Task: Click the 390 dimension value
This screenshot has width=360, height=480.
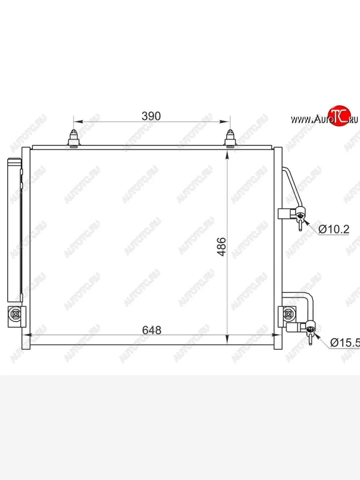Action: (151, 116)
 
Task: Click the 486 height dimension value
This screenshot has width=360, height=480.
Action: (221, 246)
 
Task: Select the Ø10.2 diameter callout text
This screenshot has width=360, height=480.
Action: (334, 229)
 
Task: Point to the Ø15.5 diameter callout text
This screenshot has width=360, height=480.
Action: (345, 342)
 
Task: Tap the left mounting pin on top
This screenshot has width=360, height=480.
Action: (74, 138)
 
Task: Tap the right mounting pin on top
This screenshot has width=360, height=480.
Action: (230, 138)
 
